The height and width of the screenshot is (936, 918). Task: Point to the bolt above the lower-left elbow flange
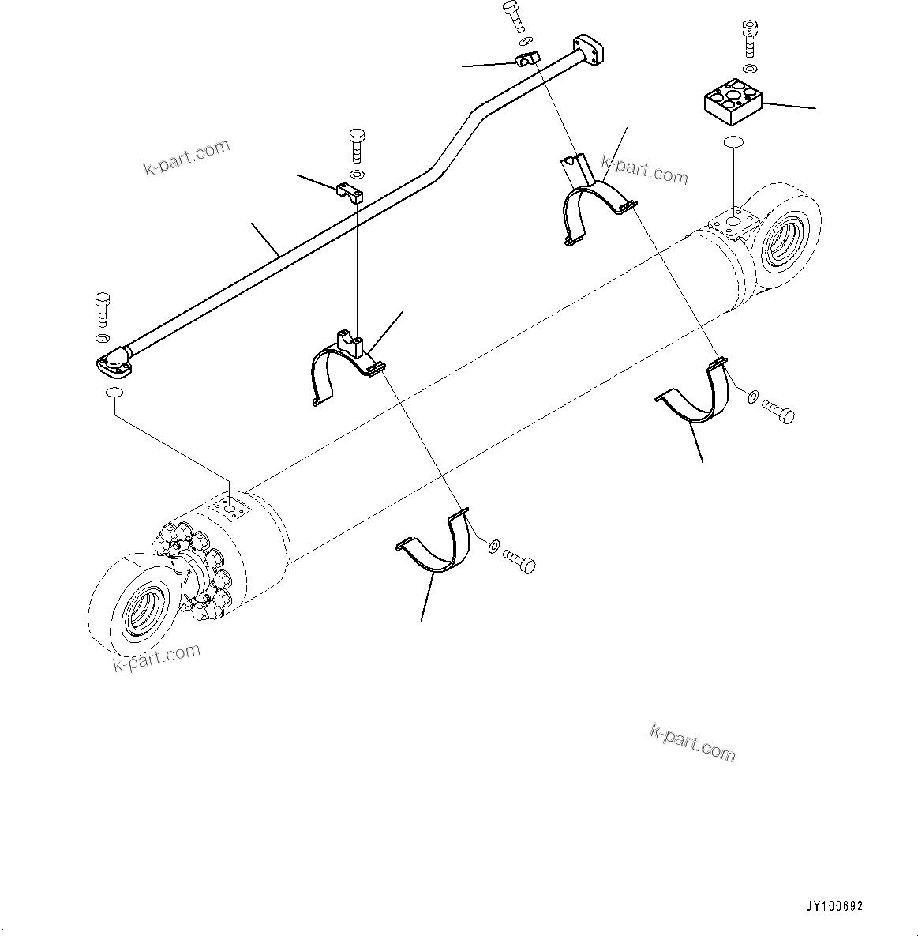pyautogui.click(x=103, y=309)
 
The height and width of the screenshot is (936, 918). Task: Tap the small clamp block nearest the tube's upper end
pyautogui.click(x=526, y=59)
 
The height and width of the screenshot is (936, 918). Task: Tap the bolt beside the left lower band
pyautogui.click(x=518, y=562)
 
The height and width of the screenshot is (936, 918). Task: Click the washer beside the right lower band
pyautogui.click(x=752, y=395)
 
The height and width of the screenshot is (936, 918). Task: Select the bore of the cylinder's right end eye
pyautogui.click(x=786, y=237)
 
